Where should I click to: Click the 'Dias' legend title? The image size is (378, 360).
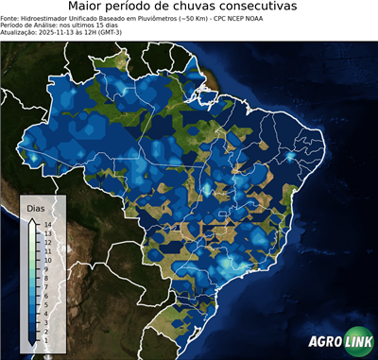point(36,207)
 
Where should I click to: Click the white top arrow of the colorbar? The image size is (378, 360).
point(34,221)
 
